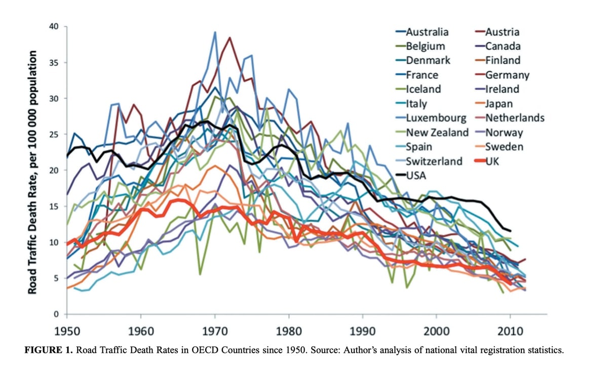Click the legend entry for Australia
(x=427, y=32)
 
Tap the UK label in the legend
(x=492, y=161)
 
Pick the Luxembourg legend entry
(x=436, y=118)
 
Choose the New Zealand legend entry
(x=437, y=133)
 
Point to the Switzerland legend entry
(x=434, y=161)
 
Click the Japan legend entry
(x=499, y=104)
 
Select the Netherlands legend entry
(x=515, y=118)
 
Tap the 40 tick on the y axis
(x=54, y=26)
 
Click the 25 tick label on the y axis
(x=54, y=135)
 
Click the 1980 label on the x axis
(x=289, y=331)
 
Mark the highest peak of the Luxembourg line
(x=215, y=32)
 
